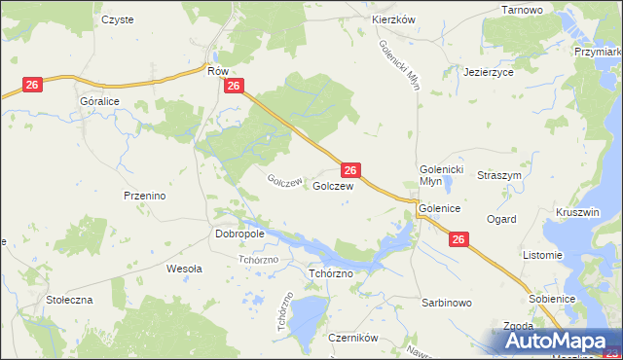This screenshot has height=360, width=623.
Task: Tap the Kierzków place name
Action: [x=394, y=19]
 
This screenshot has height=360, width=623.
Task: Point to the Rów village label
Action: [x=216, y=70]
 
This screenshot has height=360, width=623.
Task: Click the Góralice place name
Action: [x=100, y=100]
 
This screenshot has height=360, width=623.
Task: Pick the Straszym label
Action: [x=499, y=175]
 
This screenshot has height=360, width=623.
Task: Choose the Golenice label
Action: [x=439, y=208]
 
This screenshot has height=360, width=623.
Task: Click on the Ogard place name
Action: [x=501, y=220]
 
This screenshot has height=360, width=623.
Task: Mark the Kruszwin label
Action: [x=576, y=212]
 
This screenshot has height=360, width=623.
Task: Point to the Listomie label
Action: [x=543, y=255]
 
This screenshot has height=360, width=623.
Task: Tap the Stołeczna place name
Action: [x=69, y=300]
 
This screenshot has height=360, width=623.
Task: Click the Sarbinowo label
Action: [x=447, y=303]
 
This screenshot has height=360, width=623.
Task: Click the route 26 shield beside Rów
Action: [x=233, y=87]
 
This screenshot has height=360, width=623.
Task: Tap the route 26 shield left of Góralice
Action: [x=32, y=86]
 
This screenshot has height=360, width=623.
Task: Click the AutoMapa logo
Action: [x=550, y=342]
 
